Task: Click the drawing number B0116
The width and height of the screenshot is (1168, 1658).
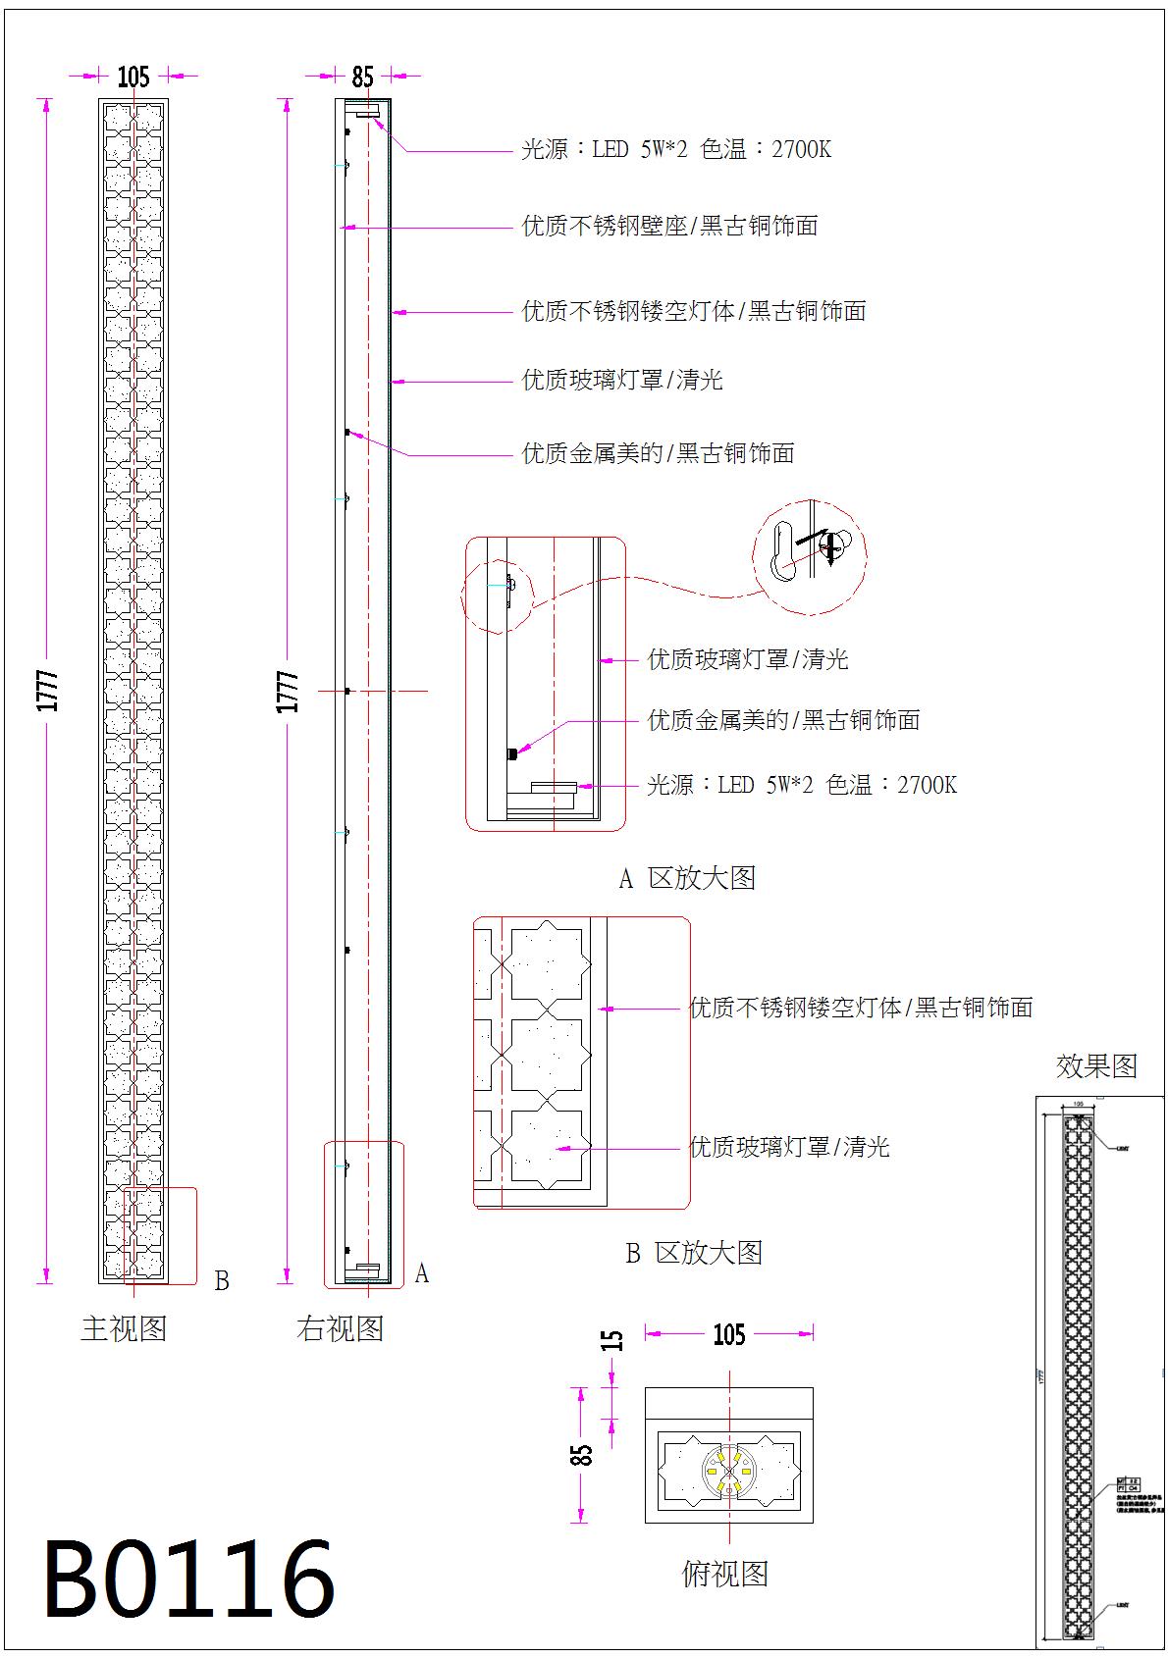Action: [x=189, y=1580]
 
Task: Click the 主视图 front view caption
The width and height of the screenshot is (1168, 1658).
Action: [x=124, y=1329]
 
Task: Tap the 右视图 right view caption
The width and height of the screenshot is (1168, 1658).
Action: [x=340, y=1329]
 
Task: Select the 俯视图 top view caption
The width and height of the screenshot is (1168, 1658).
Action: [x=724, y=1574]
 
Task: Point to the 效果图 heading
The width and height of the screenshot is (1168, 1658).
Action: [x=1096, y=1065]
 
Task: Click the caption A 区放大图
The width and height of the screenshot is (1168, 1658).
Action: [x=687, y=878]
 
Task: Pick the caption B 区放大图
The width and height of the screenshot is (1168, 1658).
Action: [x=694, y=1253]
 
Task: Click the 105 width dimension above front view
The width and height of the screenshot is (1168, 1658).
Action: [x=133, y=76]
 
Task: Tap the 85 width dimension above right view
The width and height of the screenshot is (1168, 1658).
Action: [x=362, y=76]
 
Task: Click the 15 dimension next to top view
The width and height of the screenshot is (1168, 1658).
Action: [x=611, y=1340]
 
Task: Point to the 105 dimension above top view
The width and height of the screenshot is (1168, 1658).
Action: [x=728, y=1334]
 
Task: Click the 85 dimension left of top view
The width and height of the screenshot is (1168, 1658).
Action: [x=582, y=1454]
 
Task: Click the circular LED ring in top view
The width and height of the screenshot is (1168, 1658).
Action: [x=728, y=1469]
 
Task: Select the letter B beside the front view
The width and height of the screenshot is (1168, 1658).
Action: [x=222, y=1281]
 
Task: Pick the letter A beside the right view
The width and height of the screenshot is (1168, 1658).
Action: [x=421, y=1273]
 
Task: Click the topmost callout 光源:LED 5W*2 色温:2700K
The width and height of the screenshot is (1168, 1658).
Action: [x=676, y=150]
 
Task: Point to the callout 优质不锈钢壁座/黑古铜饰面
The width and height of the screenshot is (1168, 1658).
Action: [x=669, y=227]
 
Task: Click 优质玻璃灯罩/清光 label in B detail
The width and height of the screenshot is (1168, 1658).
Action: [x=789, y=1147]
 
